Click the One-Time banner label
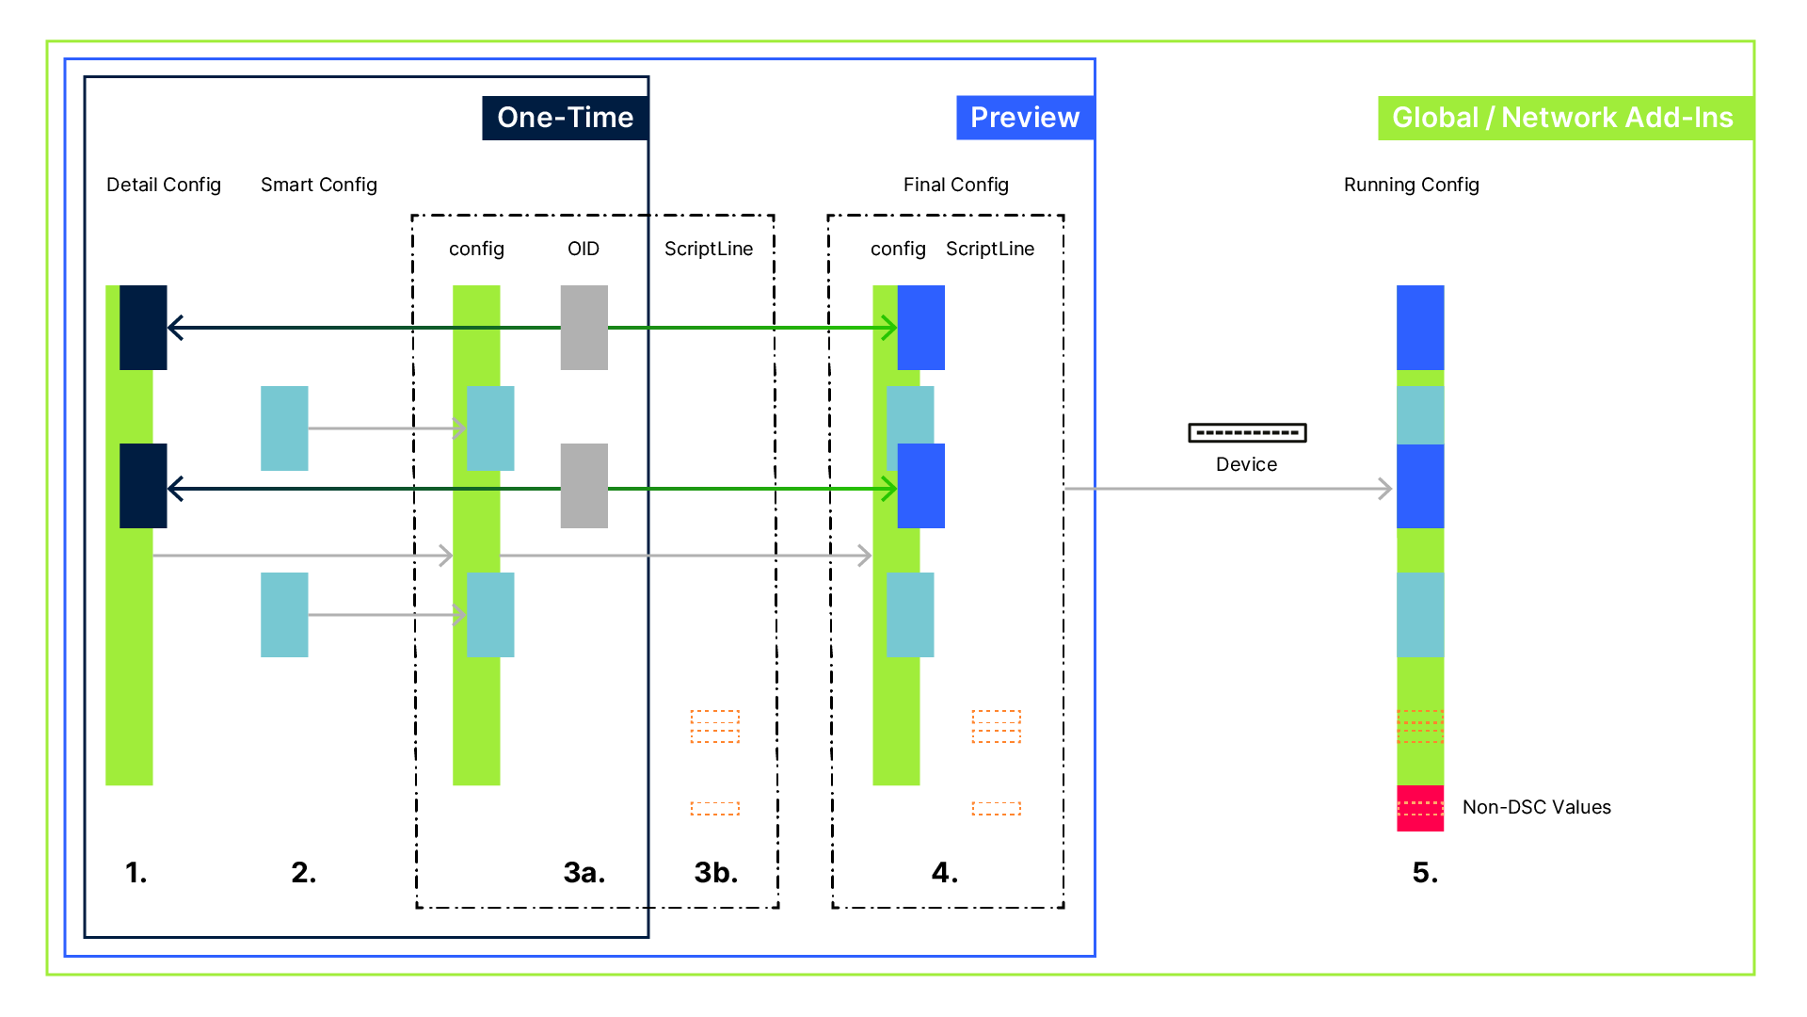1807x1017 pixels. (x=565, y=118)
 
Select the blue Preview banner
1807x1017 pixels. (x=1024, y=118)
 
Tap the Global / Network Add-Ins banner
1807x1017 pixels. (x=1562, y=118)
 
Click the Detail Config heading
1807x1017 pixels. (x=163, y=185)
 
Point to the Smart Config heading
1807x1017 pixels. (x=318, y=185)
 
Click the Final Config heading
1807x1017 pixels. (x=955, y=185)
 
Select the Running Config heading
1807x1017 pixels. (x=1411, y=185)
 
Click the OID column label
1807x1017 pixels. (x=583, y=249)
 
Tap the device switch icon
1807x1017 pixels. (x=1247, y=433)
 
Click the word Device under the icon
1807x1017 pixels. (x=1246, y=464)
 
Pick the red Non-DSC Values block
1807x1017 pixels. (x=1420, y=808)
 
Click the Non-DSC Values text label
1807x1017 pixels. (x=1536, y=807)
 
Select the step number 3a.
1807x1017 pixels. (x=584, y=873)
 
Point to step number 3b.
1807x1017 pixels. (x=715, y=873)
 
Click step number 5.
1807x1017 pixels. (x=1425, y=873)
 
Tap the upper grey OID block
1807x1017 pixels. (x=584, y=327)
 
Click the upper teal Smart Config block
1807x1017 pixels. (x=284, y=428)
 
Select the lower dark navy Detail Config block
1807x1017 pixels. (x=143, y=485)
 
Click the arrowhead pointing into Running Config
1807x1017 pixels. (x=1385, y=489)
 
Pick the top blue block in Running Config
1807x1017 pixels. (x=1420, y=327)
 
